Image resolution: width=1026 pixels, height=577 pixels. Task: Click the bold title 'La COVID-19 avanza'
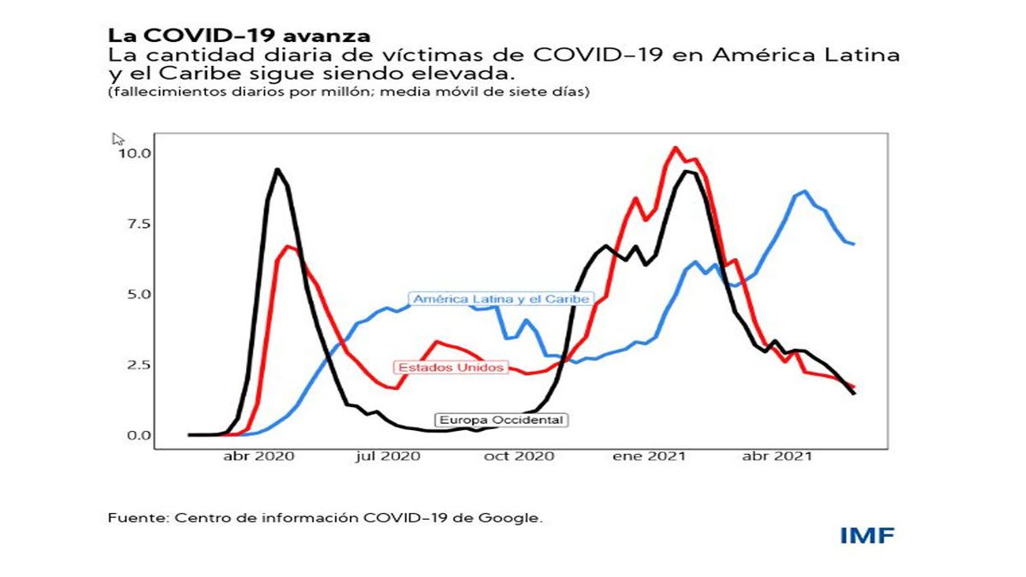[239, 36]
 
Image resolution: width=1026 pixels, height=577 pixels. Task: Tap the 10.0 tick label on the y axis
[134, 154]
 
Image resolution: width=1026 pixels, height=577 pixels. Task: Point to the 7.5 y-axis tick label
[136, 224]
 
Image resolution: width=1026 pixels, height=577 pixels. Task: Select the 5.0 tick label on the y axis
[136, 294]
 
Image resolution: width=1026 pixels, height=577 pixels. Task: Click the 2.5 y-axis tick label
[136, 365]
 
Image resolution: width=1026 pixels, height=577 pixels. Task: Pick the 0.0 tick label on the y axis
[136, 435]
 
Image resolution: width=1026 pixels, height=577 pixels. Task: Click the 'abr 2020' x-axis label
[259, 456]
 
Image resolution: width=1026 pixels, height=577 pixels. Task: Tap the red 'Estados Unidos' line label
[451, 368]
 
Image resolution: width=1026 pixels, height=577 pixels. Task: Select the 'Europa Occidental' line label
[501, 420]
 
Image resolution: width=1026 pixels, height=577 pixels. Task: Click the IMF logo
[866, 536]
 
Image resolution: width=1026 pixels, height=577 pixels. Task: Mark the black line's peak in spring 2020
[276, 169]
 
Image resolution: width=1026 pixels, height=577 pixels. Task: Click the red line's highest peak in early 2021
[675, 148]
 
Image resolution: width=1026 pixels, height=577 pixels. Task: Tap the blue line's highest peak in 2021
[805, 191]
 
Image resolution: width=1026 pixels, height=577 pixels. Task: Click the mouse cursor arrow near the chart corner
[118, 138]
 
